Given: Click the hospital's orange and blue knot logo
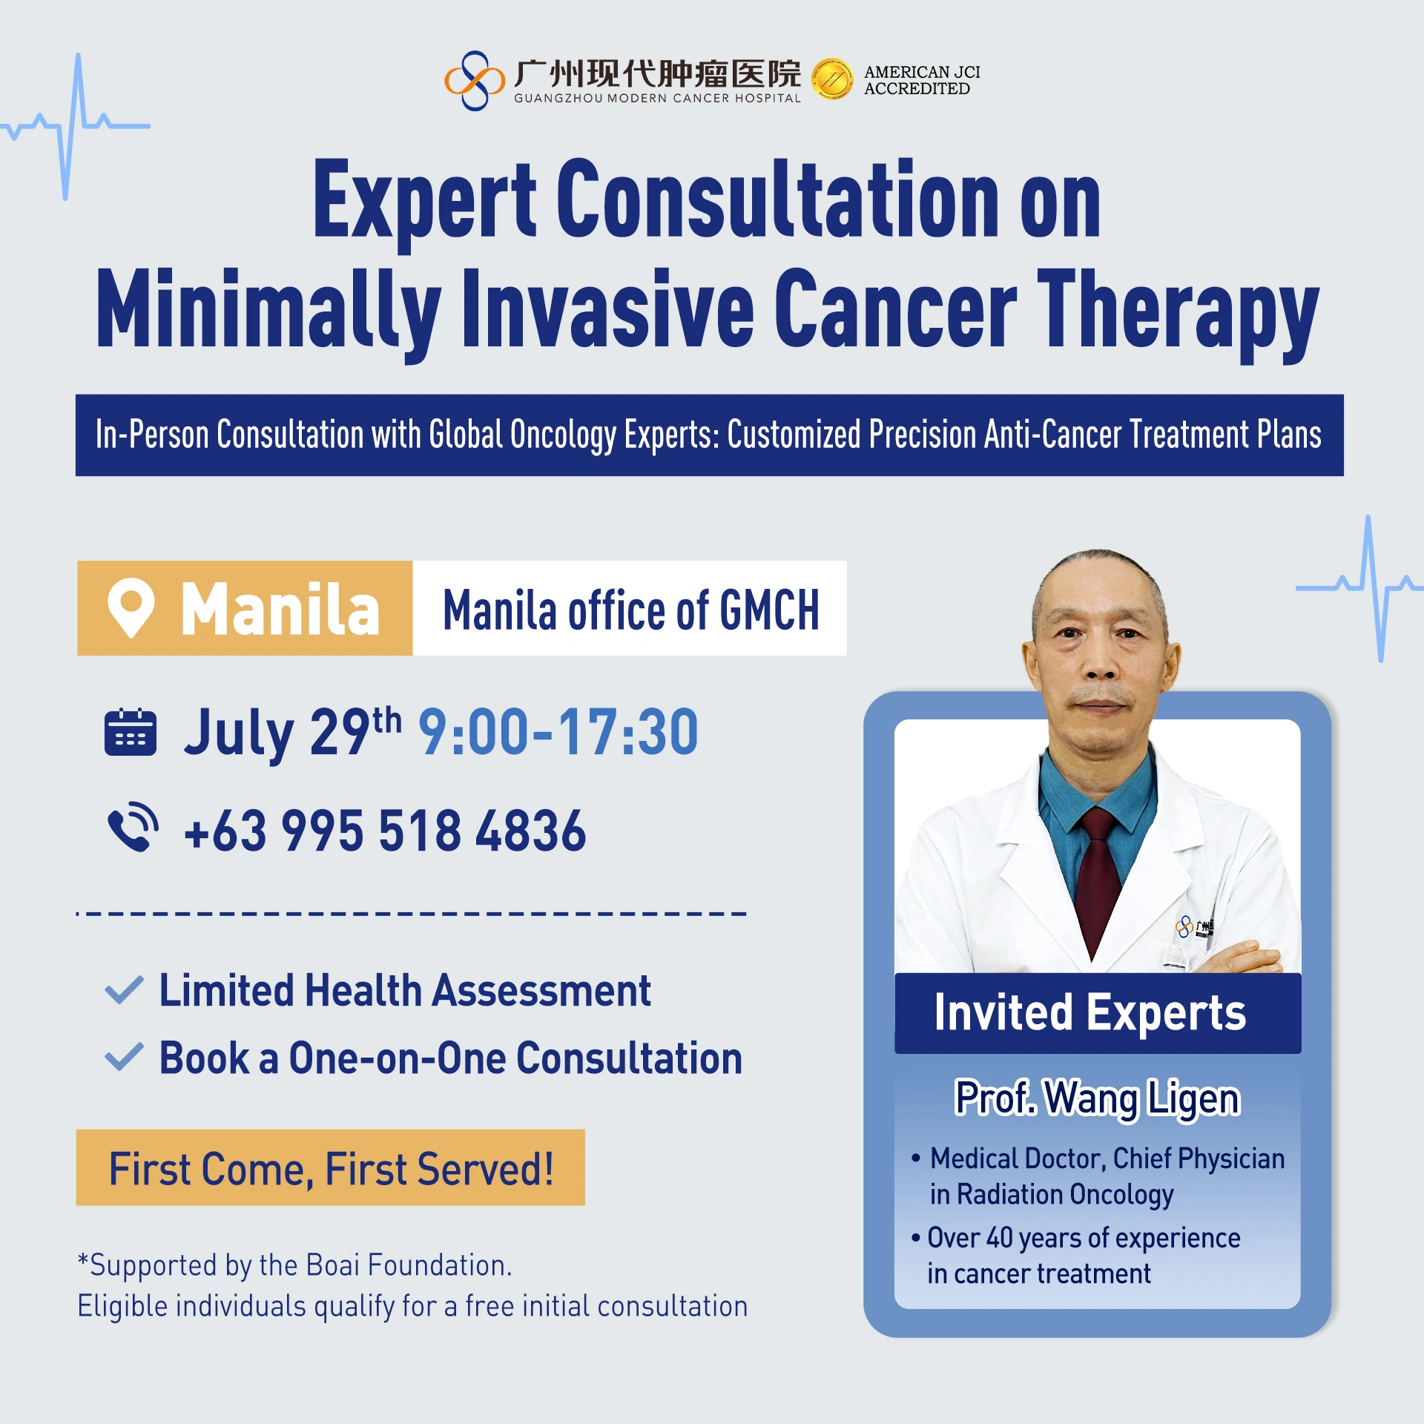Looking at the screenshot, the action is click(x=474, y=80).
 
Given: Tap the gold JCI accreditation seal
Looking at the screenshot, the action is click(x=832, y=79).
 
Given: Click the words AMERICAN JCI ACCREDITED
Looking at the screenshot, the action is click(x=922, y=80).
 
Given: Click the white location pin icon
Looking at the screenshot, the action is click(x=131, y=607).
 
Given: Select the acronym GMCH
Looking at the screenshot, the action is click(x=769, y=610).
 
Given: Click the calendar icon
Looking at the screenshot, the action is click(x=131, y=732).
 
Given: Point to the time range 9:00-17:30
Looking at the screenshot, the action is click(x=558, y=732).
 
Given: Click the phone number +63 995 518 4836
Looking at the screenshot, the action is click(x=385, y=830).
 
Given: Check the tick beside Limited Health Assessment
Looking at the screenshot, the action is click(x=124, y=990).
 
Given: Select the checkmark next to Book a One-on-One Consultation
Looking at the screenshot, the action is click(x=124, y=1057).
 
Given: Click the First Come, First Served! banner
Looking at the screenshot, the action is click(x=331, y=1168).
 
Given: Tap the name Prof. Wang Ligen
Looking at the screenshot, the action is click(x=1097, y=1098).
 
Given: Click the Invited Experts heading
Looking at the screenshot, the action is click(x=1090, y=1012).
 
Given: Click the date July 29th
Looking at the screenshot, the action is click(x=293, y=732).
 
